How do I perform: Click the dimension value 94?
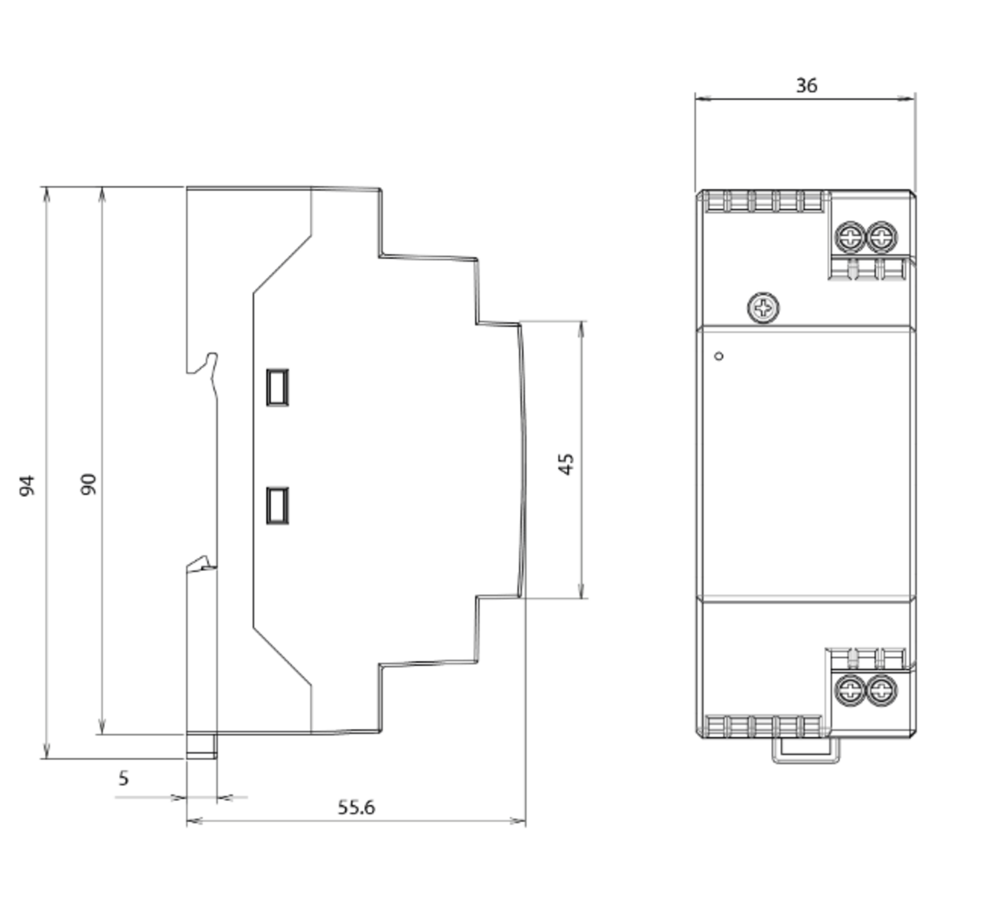[x=27, y=486]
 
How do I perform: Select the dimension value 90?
[x=89, y=484]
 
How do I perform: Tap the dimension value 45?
[x=566, y=464]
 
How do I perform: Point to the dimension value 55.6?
[x=356, y=807]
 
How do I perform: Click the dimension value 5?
[x=124, y=778]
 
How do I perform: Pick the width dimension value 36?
[x=807, y=86]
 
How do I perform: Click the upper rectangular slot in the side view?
[x=277, y=387]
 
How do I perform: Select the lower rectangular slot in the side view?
[x=277, y=506]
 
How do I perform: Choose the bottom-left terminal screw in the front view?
[x=850, y=691]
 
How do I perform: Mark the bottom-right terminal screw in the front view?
[x=882, y=691]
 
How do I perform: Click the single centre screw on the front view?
[x=764, y=307]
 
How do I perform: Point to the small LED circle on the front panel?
[x=719, y=356]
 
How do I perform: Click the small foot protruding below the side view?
[x=202, y=745]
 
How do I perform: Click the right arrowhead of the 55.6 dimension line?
[x=519, y=821]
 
